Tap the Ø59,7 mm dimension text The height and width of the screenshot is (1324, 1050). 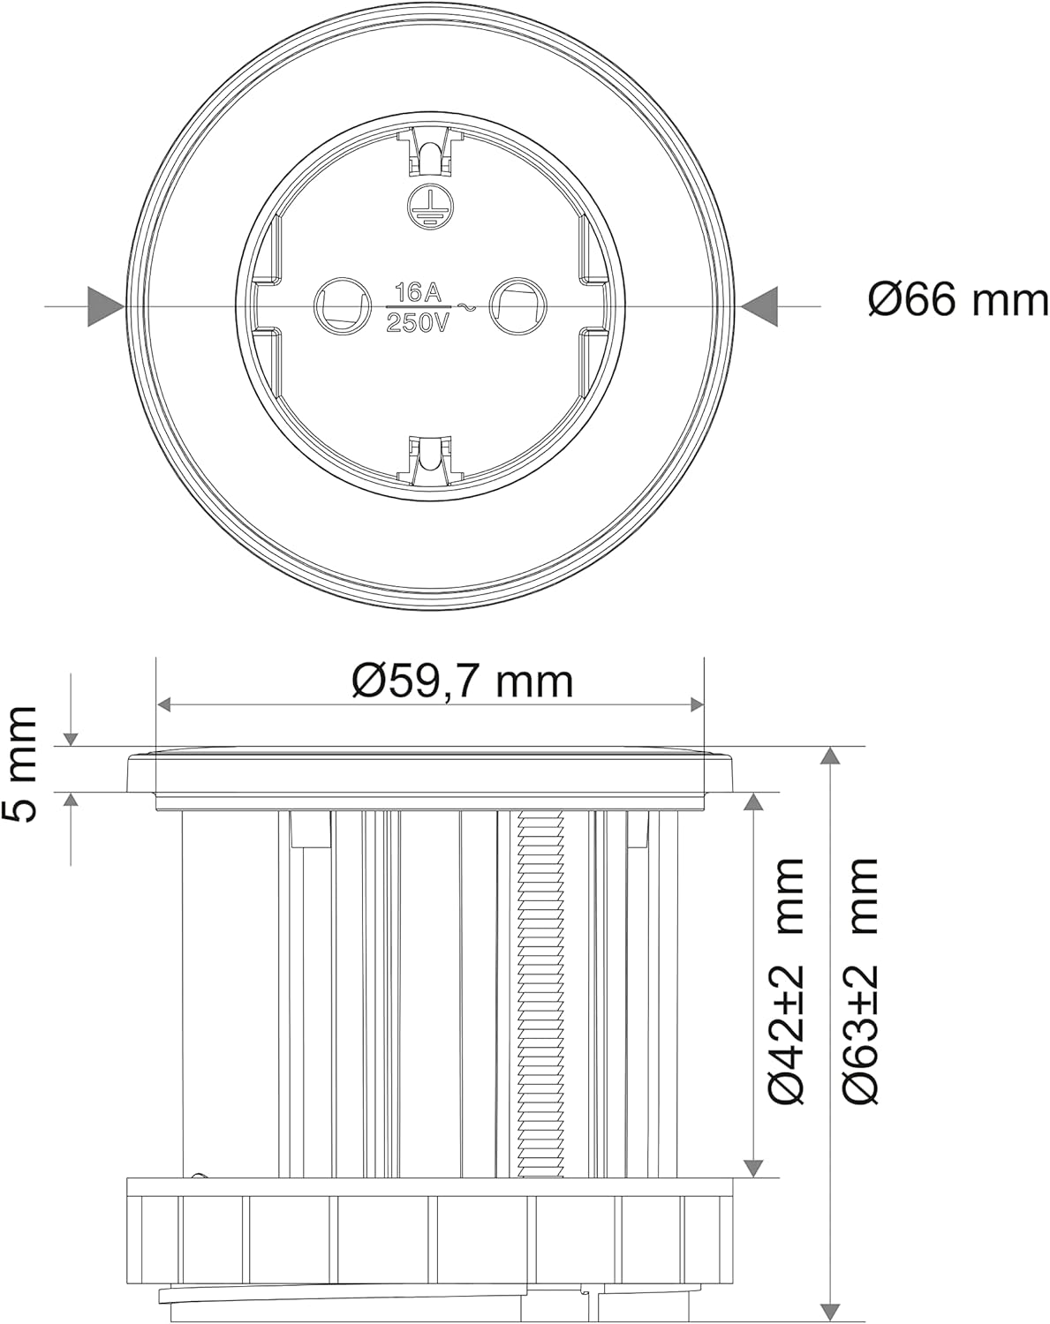coord(462,682)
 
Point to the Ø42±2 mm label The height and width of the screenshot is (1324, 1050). coord(786,981)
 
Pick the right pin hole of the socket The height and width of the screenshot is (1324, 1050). coord(517,305)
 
